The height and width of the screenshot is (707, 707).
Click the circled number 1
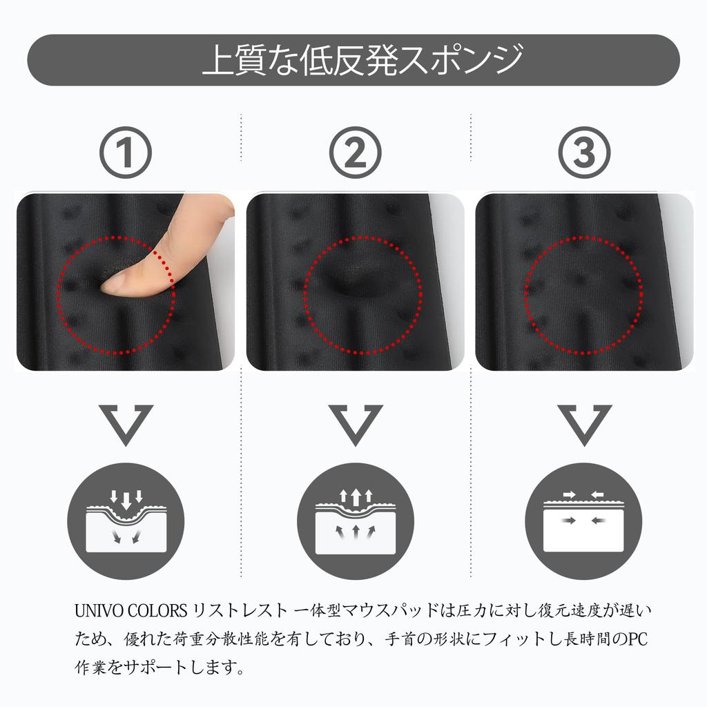tap(126, 153)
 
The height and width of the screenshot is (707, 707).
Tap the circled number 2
tap(356, 153)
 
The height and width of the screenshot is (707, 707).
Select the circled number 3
tap(584, 153)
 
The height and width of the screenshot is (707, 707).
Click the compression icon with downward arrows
tap(126, 521)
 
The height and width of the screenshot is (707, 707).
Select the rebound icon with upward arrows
tap(356, 521)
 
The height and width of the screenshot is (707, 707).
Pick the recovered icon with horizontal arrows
tap(583, 521)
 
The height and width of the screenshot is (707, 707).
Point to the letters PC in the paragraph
tap(638, 639)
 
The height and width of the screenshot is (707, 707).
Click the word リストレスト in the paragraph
tap(240, 611)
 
